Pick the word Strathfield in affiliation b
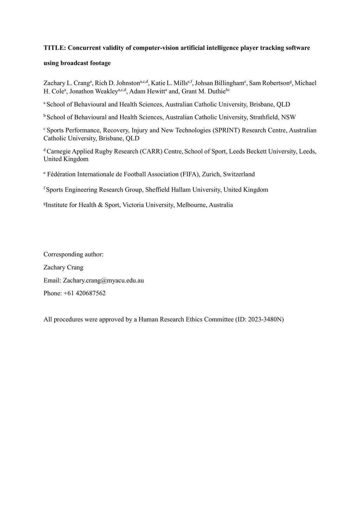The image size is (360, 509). pyautogui.click(x=264, y=117)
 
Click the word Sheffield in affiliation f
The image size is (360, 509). pyautogui.click(x=158, y=190)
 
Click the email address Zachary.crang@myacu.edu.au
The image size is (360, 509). pyautogui.click(x=103, y=281)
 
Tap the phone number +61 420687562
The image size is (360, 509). pyautogui.click(x=84, y=293)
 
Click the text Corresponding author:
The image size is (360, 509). pyautogui.click(x=73, y=254)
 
